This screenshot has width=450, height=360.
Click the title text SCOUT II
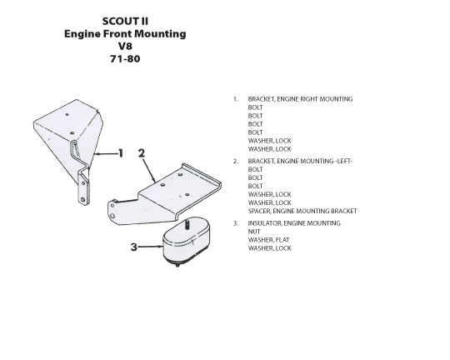(x=125, y=21)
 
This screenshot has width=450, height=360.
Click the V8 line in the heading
(x=125, y=46)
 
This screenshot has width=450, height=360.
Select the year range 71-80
(x=125, y=59)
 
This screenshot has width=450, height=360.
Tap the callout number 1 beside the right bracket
(x=121, y=153)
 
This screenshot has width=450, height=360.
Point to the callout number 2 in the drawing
(x=142, y=153)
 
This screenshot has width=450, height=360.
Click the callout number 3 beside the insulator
(x=133, y=247)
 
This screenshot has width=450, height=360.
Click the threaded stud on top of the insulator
(x=188, y=223)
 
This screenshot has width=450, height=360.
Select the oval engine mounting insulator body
(x=187, y=241)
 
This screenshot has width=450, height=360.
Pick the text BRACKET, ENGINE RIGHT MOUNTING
(x=300, y=99)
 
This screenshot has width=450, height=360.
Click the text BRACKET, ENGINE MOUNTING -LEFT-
(x=300, y=161)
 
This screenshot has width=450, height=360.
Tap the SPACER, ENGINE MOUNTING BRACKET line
(x=302, y=211)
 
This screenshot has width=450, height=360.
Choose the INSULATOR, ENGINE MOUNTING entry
(x=294, y=223)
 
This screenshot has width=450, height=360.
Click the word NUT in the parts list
(x=254, y=232)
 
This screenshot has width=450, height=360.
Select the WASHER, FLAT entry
(x=268, y=240)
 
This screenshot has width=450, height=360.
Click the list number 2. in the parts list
(x=236, y=162)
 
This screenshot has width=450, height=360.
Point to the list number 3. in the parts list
(x=236, y=223)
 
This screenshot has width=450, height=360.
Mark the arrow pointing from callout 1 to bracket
(x=106, y=154)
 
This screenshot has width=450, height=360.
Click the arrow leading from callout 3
(x=150, y=247)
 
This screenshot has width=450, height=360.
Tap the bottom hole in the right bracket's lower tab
(x=83, y=199)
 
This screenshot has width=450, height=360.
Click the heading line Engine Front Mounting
(x=125, y=34)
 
